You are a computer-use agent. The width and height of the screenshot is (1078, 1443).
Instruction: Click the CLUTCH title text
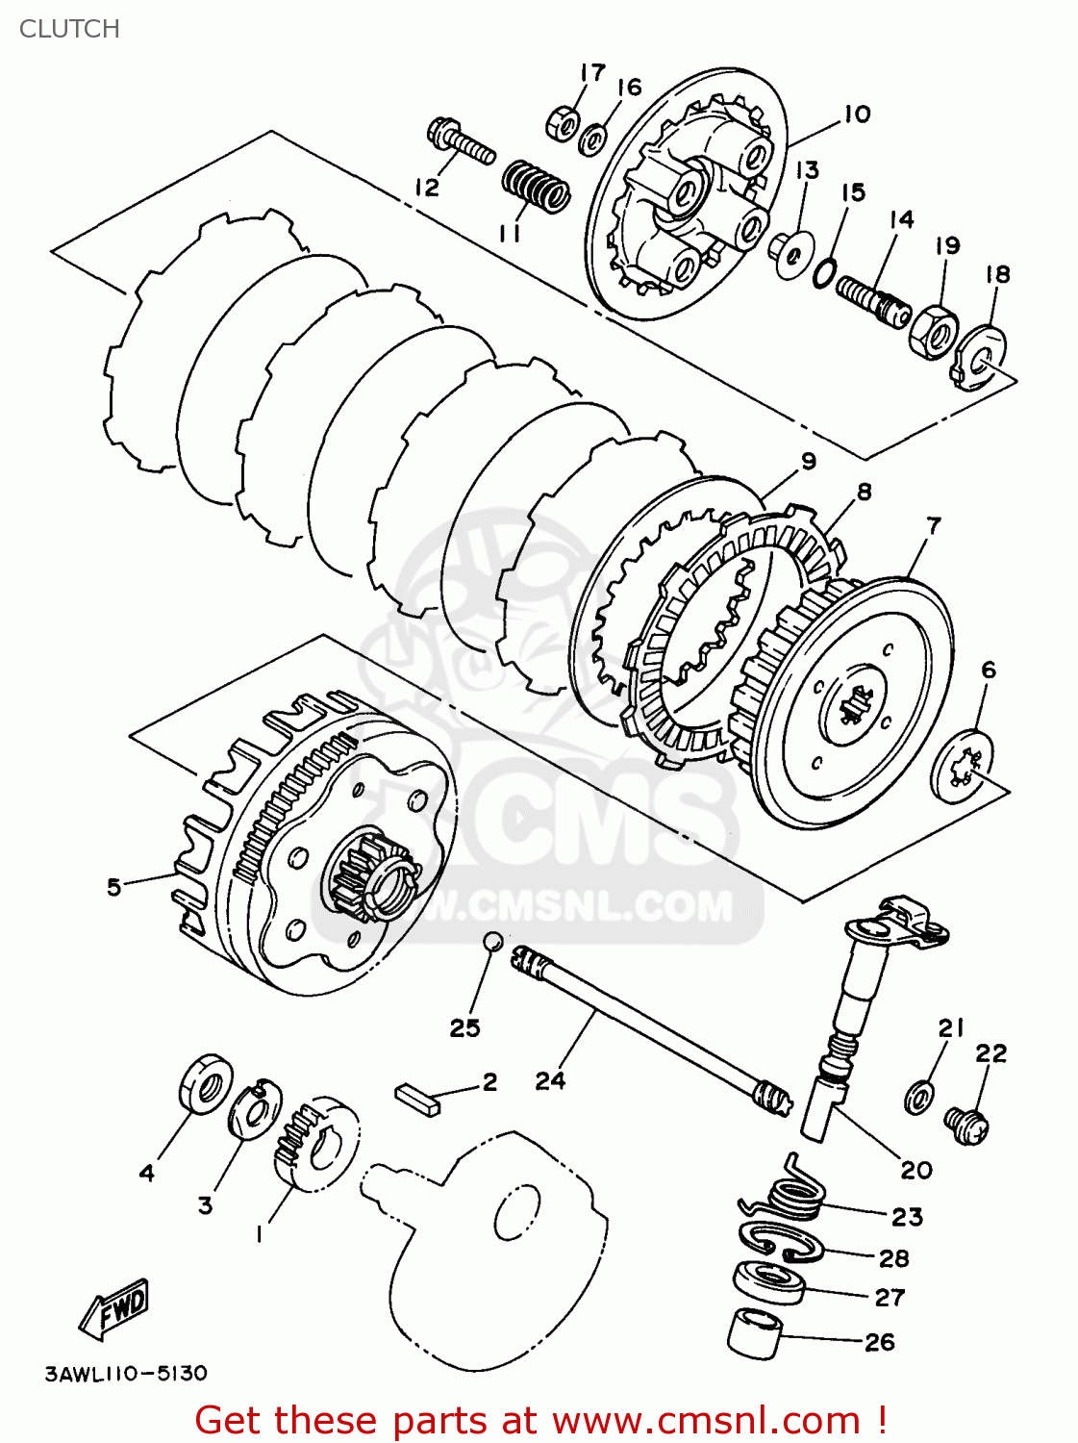[x=69, y=29]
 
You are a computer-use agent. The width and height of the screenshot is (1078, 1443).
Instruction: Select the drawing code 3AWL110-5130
[x=125, y=1373]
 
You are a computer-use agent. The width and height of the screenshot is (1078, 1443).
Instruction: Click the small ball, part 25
[x=491, y=941]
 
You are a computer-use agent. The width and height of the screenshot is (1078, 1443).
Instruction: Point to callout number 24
[x=550, y=1080]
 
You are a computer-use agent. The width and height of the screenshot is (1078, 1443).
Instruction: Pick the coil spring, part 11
[x=536, y=186]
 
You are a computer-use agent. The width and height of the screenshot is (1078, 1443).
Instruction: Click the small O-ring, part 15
[x=822, y=273]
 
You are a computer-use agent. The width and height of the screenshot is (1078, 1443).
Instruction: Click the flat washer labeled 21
[x=919, y=1095]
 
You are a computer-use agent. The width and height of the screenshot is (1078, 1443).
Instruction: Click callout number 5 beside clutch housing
[x=114, y=887]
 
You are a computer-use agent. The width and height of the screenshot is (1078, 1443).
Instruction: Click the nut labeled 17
[x=563, y=123]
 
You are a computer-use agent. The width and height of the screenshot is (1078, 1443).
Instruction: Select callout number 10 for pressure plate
[x=857, y=114]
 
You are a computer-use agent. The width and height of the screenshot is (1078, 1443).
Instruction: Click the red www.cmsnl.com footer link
[x=707, y=1420]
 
